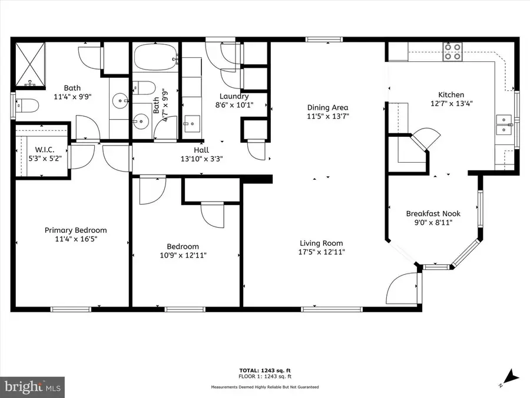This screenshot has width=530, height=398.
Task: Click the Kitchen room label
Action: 450,95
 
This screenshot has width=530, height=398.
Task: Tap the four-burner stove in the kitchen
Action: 452,52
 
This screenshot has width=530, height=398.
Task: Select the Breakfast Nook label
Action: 433,214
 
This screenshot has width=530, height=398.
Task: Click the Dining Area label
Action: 327,108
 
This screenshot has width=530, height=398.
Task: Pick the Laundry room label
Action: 234,97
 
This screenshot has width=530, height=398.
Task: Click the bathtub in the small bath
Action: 154,58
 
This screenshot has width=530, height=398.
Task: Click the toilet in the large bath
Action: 27,106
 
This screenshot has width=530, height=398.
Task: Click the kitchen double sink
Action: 504,125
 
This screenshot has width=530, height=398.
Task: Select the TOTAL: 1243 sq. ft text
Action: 265,370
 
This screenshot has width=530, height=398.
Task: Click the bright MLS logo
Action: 33,387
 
